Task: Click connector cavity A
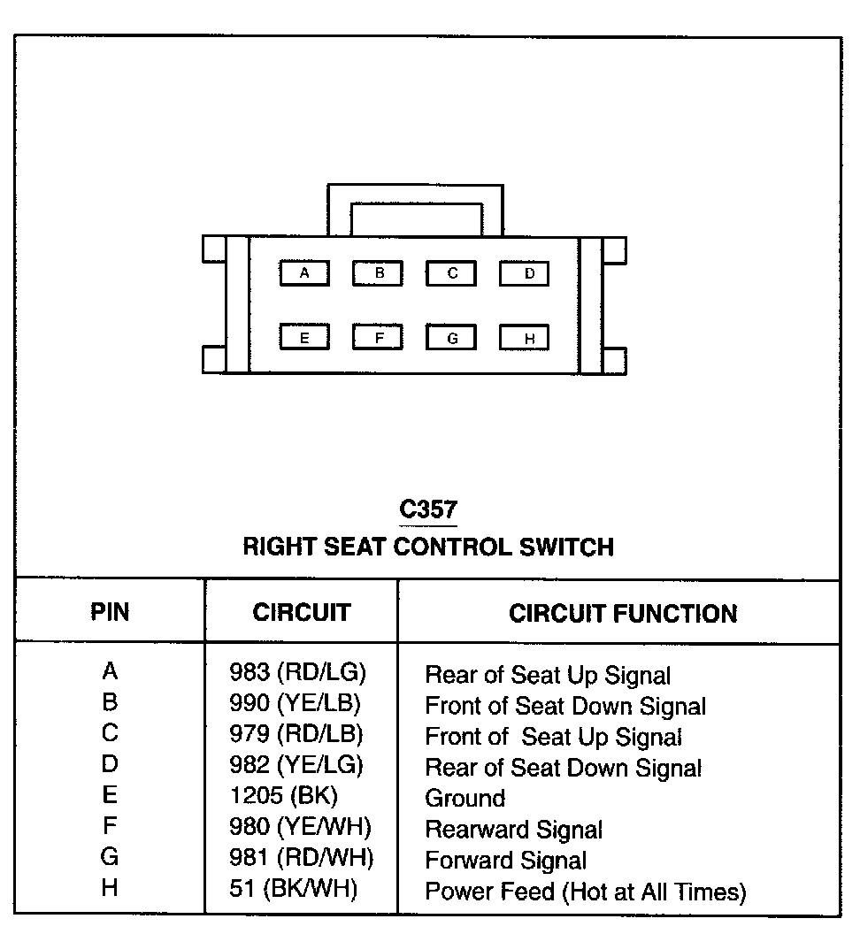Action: tap(304, 273)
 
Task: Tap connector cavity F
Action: tap(378, 337)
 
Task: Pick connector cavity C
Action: tap(451, 273)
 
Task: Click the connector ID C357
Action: tap(428, 509)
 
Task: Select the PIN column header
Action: tap(110, 612)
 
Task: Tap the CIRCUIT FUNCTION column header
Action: tap(622, 613)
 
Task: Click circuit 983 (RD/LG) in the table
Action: tap(297, 673)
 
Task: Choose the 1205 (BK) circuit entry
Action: tap(283, 796)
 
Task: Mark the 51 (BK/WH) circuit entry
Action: tap(293, 889)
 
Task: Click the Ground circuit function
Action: tap(465, 798)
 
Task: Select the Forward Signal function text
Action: tap(505, 860)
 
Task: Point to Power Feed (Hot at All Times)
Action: tap(585, 892)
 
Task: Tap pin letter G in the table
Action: tap(110, 857)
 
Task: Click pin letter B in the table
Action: tap(110, 703)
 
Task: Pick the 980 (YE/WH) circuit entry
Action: tap(300, 828)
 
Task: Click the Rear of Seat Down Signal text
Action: tap(564, 768)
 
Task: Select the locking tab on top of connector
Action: tap(416, 210)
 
